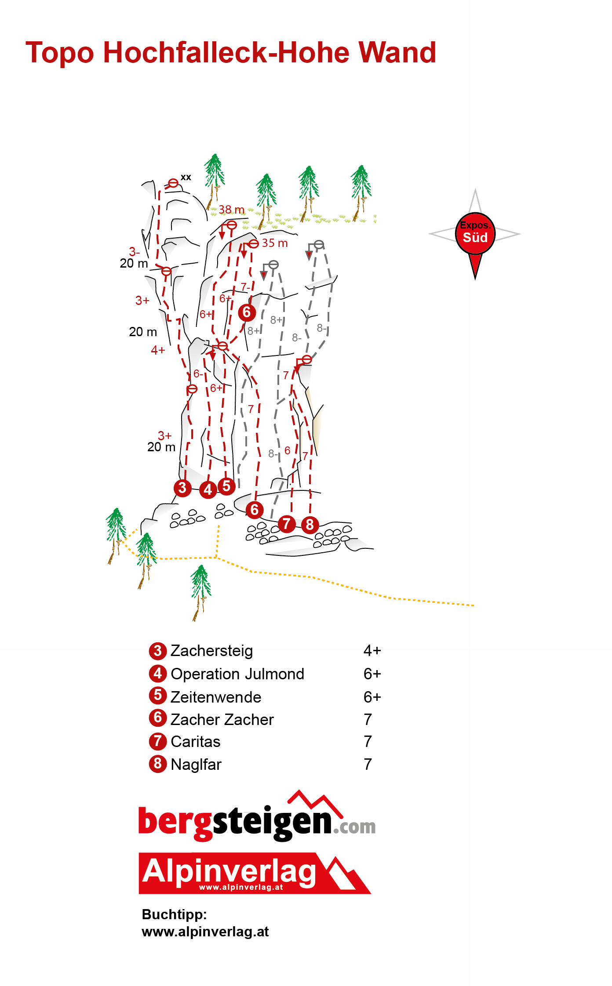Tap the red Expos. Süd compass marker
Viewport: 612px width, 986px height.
tap(475, 235)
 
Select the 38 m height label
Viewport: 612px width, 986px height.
tap(231, 210)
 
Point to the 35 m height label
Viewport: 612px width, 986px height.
tap(275, 243)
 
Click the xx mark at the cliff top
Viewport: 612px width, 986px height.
tap(186, 177)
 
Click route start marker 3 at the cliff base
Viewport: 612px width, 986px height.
tap(182, 488)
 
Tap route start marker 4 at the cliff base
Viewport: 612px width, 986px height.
tap(208, 489)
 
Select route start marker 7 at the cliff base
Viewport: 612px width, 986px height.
tap(287, 524)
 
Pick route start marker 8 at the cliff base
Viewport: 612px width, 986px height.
tap(310, 525)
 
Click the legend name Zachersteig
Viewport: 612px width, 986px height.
tap(211, 651)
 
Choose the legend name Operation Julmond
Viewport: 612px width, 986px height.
tap(237, 674)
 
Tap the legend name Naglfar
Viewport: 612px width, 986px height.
tap(196, 765)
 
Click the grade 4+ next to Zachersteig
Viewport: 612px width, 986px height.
tap(372, 651)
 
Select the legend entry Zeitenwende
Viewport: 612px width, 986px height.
tap(216, 697)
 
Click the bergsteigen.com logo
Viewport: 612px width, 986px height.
tap(257, 816)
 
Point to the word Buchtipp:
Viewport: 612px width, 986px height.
tap(174, 914)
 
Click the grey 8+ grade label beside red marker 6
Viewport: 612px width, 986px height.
tap(254, 331)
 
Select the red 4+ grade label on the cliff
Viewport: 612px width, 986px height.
tap(158, 350)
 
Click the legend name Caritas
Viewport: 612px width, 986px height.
tap(196, 742)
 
